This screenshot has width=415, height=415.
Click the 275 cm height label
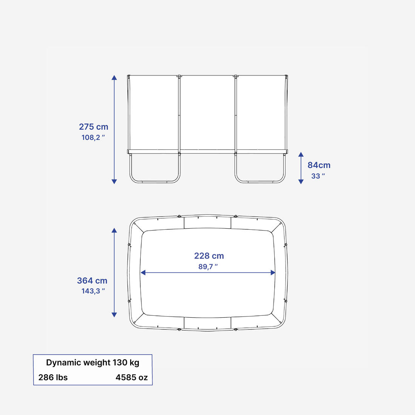click(x=94, y=127)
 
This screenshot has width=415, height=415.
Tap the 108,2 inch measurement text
click(x=93, y=137)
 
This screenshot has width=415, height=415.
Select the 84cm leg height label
click(x=319, y=165)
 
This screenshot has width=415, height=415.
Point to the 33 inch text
click(x=318, y=176)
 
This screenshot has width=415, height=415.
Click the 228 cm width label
click(x=209, y=256)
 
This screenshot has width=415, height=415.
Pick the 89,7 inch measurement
click(x=208, y=266)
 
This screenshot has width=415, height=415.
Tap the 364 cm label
click(x=92, y=281)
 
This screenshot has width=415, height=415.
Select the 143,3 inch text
click(x=93, y=291)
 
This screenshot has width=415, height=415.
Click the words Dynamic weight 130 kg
click(x=93, y=362)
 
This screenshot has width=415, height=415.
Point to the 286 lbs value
click(x=53, y=377)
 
